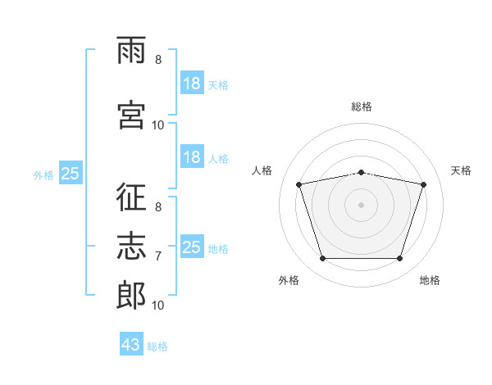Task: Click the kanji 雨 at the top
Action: (131, 52)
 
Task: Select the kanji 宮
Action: (131, 113)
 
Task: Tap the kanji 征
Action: (131, 197)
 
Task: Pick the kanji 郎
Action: (131, 294)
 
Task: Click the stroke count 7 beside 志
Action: (158, 256)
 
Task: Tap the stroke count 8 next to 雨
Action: (158, 60)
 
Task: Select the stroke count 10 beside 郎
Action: (158, 306)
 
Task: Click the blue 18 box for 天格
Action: (191, 84)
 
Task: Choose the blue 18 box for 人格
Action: (191, 157)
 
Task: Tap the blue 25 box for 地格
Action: (191, 247)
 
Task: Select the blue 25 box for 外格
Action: (70, 174)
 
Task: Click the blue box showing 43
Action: (131, 346)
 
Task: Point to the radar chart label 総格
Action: (362, 106)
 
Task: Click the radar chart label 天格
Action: (461, 170)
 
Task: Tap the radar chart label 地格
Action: (430, 280)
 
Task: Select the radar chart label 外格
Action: (289, 280)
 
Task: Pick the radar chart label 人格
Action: (262, 170)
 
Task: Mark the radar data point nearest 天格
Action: (424, 184)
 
